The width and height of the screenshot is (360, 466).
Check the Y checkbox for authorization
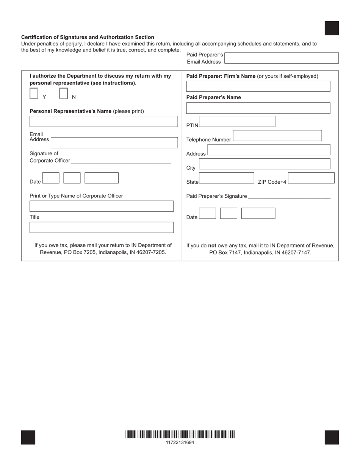34,94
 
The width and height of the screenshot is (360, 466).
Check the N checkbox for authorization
64,94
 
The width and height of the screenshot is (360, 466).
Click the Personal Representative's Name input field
103,122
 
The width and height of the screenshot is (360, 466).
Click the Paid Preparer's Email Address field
282,58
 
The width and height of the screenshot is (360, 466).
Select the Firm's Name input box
258,86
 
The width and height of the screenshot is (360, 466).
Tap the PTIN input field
237,122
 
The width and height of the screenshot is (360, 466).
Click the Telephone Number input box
277,136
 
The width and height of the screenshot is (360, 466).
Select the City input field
265,164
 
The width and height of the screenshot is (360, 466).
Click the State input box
227,178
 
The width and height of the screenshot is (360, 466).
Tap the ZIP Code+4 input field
311,178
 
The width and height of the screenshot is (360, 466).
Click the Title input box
102,227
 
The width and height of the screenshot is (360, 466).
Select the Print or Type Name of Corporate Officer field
102,206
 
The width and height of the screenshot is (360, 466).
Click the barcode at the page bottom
180,435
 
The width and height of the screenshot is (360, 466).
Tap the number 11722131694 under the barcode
180,443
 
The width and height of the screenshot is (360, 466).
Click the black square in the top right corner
332,28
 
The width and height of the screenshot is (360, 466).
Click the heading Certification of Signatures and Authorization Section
88,37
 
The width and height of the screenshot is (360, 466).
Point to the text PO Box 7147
225,253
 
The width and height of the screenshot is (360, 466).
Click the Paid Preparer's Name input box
258,108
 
